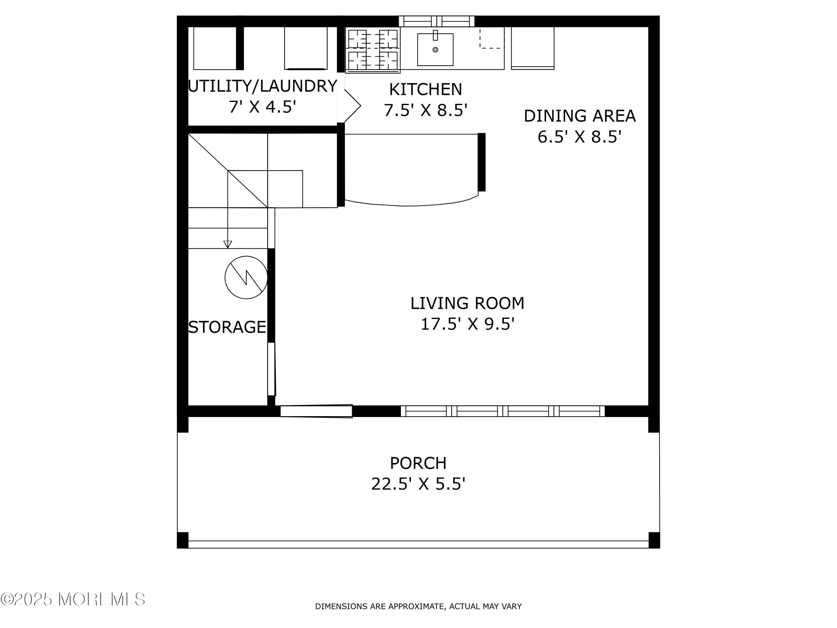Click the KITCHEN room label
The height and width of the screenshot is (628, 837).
[x=426, y=89]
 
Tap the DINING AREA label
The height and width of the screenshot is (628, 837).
[x=580, y=116]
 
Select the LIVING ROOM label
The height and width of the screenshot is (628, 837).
[x=467, y=303]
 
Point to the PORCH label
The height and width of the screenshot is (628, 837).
[x=418, y=463]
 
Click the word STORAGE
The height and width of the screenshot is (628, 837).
[x=227, y=327]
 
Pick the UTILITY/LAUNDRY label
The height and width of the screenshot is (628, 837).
[x=263, y=86]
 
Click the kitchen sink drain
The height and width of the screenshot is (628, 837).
[x=435, y=50]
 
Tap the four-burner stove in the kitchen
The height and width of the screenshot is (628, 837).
[x=373, y=50]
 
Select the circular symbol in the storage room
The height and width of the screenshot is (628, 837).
[x=246, y=277]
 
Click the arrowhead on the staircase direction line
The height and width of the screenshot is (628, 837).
[x=227, y=244]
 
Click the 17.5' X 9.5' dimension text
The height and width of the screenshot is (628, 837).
[x=468, y=324]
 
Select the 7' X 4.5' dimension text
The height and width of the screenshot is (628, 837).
[x=262, y=107]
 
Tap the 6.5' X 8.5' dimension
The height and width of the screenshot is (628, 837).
[x=580, y=137]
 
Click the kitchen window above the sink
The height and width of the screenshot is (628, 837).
[x=437, y=21]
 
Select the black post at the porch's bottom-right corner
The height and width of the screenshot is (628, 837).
[x=654, y=540]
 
